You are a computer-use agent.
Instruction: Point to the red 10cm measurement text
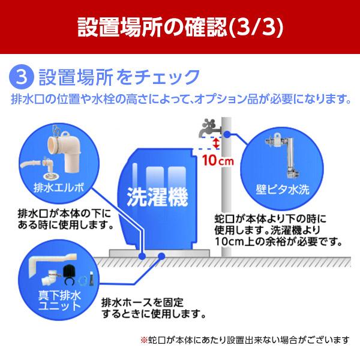point(214,161)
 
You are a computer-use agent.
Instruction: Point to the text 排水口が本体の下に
point(62,214)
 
